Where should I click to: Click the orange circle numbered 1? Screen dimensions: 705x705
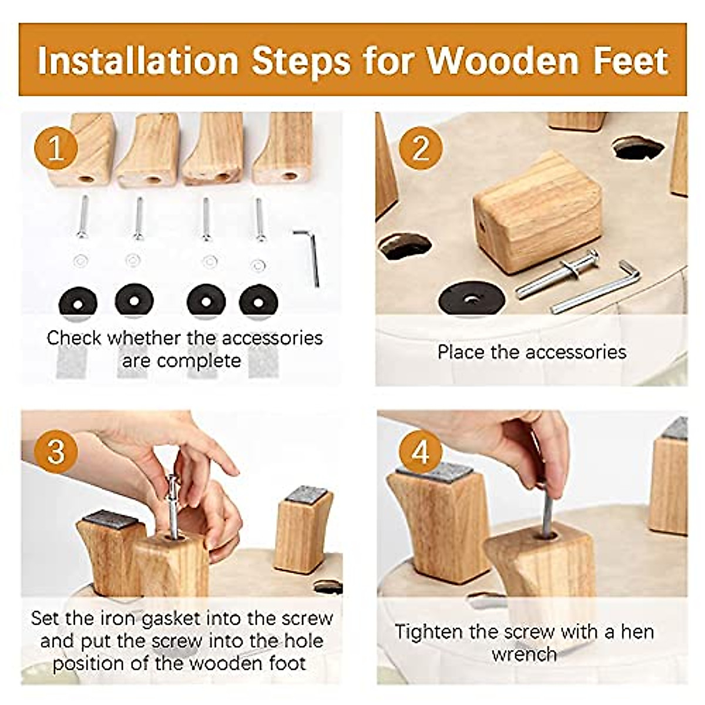point(56,148)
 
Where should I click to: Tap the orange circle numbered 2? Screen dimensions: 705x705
point(421,148)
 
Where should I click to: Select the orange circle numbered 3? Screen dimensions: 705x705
point(56,452)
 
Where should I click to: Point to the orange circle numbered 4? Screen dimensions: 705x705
point(421,452)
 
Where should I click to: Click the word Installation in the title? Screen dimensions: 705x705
point(138,61)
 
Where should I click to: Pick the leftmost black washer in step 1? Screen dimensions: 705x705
point(78,301)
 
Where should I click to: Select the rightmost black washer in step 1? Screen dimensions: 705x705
point(258,301)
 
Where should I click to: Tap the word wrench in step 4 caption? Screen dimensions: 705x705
point(524,654)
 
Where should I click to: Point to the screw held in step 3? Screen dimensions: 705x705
point(173,505)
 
